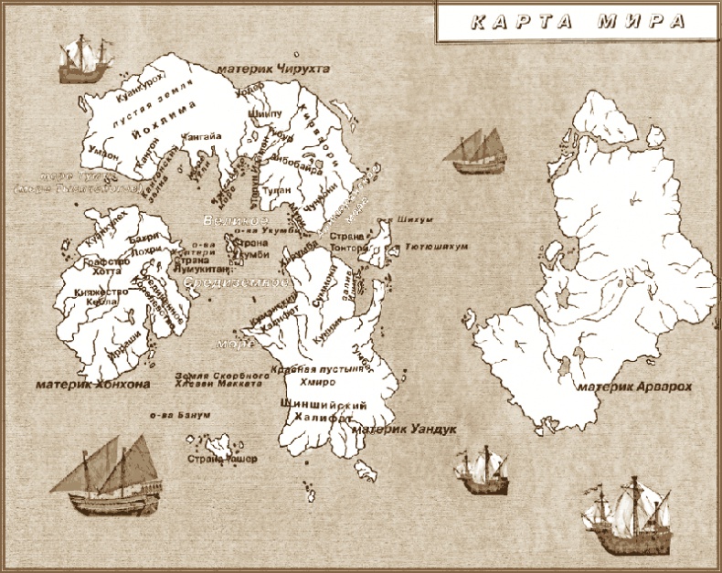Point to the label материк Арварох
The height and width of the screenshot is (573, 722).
pos(636,387)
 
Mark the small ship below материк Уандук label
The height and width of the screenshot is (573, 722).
pos(480,470)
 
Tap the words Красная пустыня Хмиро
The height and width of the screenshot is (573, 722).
pos(309,376)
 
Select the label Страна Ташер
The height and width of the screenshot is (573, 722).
pos(222,458)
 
